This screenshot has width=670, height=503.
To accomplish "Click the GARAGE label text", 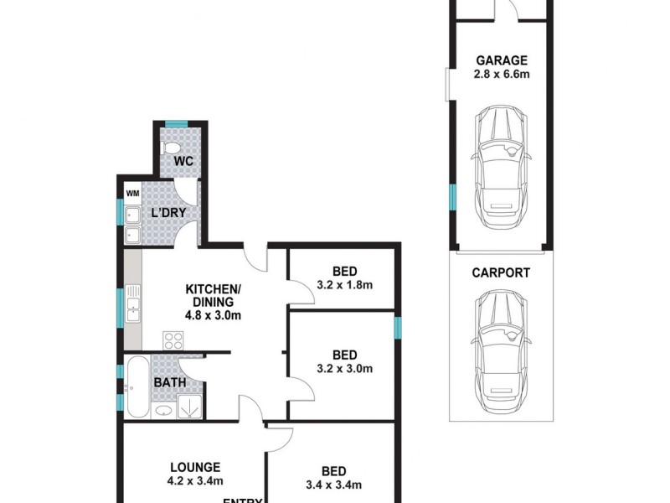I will (502, 60).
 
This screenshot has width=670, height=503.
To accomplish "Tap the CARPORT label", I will (501, 272).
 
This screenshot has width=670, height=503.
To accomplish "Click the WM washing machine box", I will (132, 194).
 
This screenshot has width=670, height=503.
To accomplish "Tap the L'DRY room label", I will (167, 213).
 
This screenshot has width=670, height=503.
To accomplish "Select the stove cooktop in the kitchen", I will (173, 340).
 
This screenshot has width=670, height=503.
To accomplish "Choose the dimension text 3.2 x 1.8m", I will (344, 285).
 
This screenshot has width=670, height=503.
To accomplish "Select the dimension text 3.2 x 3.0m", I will (344, 368).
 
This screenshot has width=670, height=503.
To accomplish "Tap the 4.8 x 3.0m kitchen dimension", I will (213, 316).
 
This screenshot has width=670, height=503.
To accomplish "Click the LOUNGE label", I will (194, 467).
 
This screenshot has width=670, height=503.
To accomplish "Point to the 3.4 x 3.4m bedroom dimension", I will (333, 485).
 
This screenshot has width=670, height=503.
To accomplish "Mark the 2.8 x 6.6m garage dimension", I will (502, 75).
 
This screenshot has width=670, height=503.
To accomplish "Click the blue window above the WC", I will (176, 125).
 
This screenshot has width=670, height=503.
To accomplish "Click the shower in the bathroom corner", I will (189, 407).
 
